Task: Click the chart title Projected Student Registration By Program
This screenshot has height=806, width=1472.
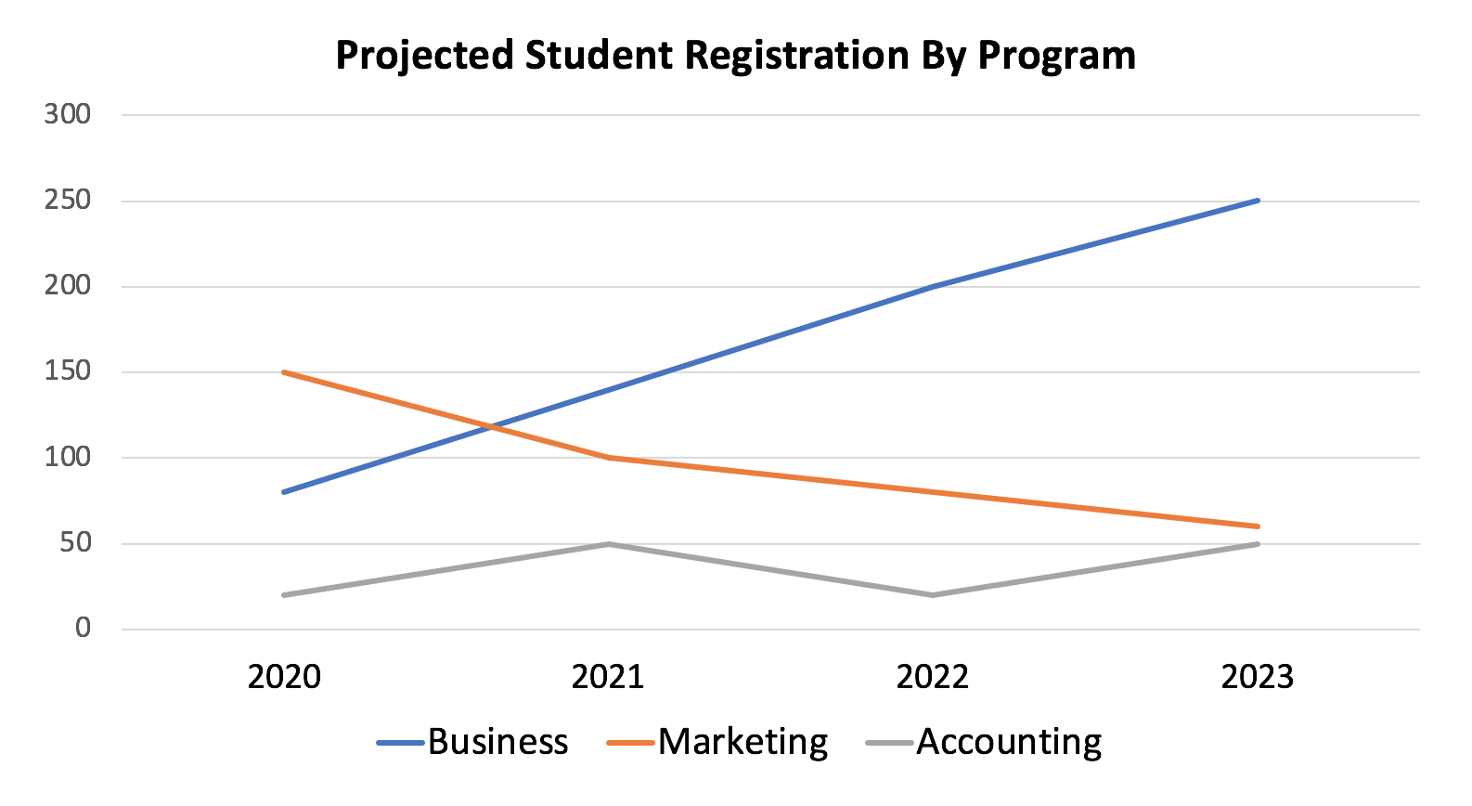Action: tap(735, 56)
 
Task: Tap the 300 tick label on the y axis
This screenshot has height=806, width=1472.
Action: tap(68, 114)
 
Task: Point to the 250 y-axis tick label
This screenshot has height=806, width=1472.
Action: tap(68, 200)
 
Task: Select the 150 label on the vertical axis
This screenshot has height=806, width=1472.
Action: tap(68, 371)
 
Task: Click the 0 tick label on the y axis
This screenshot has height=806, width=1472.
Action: tap(83, 629)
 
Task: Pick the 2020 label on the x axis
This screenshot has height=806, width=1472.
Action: tap(284, 677)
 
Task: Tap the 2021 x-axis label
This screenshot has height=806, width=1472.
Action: tap(608, 677)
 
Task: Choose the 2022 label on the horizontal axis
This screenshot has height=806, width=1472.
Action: tap(932, 677)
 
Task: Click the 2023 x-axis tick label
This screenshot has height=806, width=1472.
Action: tap(1257, 677)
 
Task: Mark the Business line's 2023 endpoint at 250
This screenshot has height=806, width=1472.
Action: tap(1258, 200)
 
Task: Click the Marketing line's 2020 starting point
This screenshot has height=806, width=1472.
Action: tap(284, 371)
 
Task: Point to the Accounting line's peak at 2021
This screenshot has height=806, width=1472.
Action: tap(608, 543)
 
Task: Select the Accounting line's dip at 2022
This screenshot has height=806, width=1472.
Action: tap(932, 594)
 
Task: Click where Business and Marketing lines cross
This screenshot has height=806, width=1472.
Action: tap(489, 426)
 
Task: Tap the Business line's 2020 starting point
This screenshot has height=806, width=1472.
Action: tap(284, 491)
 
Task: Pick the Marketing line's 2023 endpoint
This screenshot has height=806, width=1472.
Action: tap(1258, 526)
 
